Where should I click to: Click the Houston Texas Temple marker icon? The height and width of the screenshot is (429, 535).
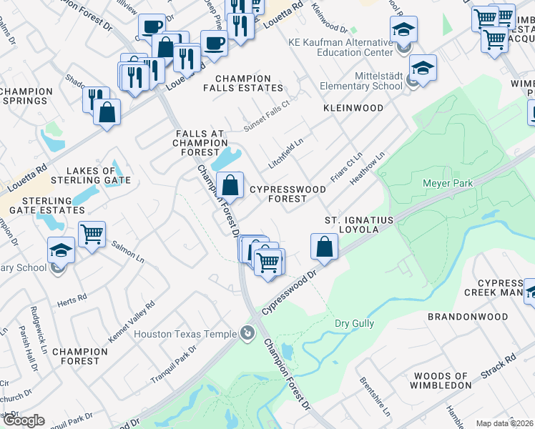(247, 333)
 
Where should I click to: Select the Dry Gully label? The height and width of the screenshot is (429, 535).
(354, 324)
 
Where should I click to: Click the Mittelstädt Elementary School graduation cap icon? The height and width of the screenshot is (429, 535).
(423, 68)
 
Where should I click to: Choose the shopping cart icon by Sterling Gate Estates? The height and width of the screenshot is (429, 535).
(92, 233)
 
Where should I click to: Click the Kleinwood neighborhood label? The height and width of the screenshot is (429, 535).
(353, 108)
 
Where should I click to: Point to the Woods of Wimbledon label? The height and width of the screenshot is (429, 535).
(440, 380)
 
